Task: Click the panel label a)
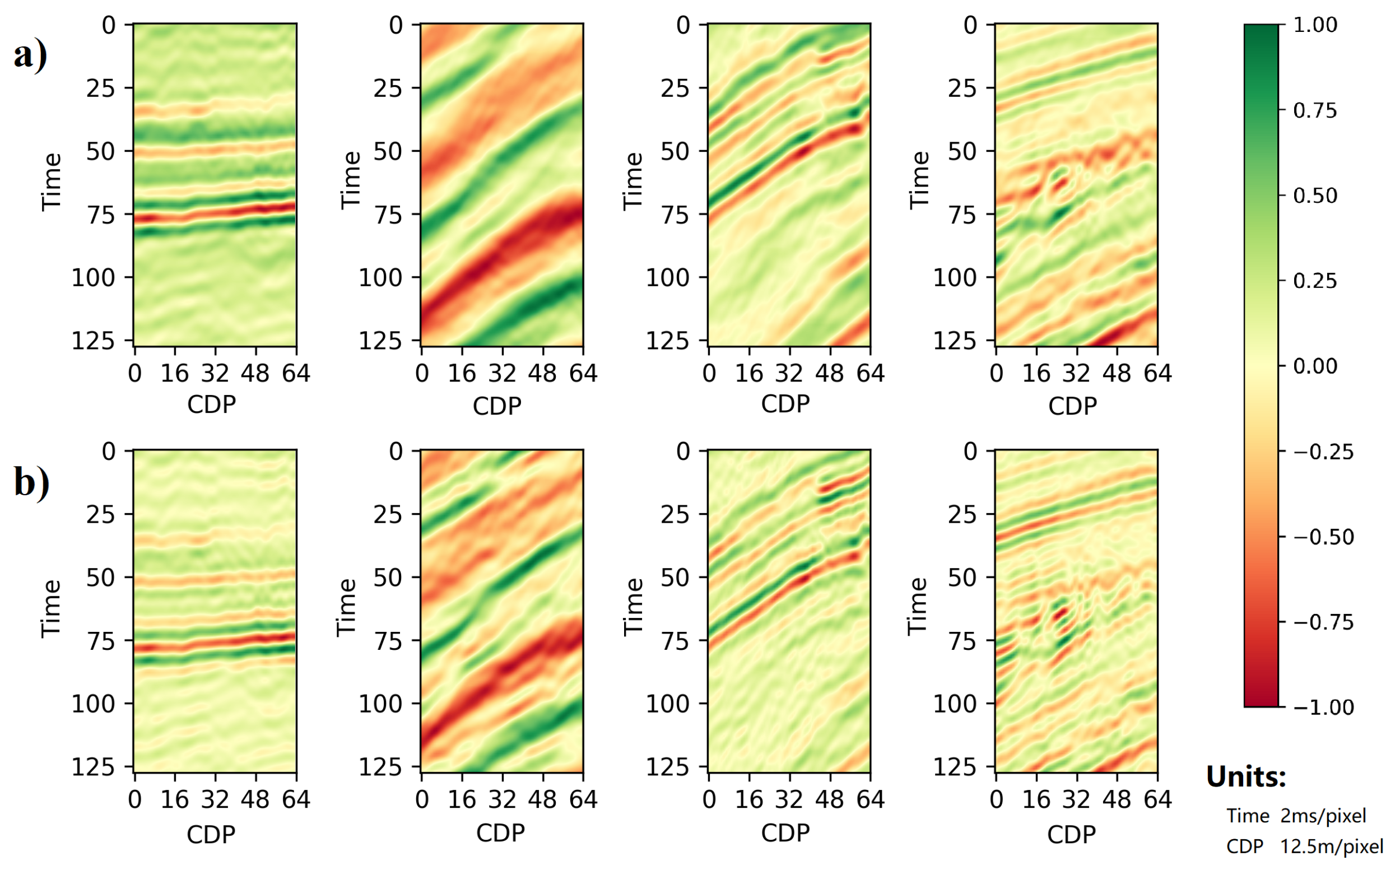pos(30,56)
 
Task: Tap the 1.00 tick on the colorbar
pos(1315,25)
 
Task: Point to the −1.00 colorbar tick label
pos(1323,707)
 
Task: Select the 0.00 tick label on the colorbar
pos(1315,366)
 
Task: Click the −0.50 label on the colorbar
pos(1323,537)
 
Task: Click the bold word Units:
pos(1245,777)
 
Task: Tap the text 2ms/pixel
pos(1323,816)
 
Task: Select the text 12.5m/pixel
pos(1331,846)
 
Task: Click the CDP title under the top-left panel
pos(211,404)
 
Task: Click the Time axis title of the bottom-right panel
pos(918,607)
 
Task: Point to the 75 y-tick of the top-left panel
pos(101,215)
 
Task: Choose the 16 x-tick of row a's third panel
pos(749,374)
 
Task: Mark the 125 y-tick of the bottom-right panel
pos(954,767)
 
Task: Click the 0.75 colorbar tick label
pos(1315,110)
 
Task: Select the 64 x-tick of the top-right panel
pos(1157,374)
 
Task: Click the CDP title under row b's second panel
pos(500,832)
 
